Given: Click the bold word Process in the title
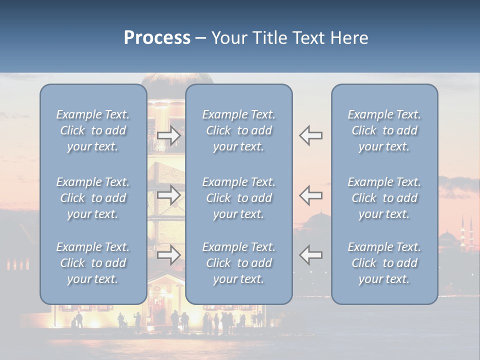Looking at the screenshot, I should tap(157, 38).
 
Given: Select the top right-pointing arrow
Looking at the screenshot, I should tap(169, 135).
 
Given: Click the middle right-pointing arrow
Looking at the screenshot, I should tap(169, 195).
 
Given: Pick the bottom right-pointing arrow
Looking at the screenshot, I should tap(169, 255).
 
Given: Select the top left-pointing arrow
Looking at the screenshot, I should tap(311, 135).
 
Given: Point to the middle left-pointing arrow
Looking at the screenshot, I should tap(311, 195).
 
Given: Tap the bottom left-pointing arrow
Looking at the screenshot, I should tap(311, 255).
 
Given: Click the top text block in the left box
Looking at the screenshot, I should tap(93, 130).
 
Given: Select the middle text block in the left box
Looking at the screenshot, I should tap(93, 198).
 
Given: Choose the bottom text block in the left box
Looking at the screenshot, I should tap(93, 263).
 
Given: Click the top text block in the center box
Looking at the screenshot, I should tap(238, 130).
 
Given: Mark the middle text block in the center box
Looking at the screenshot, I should tap(238, 198).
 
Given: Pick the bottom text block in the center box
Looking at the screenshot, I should tap(238, 263).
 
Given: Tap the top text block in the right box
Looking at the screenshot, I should tap(384, 130).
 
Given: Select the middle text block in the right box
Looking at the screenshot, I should tap(384, 198).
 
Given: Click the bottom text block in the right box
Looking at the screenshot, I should tap(384, 263).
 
